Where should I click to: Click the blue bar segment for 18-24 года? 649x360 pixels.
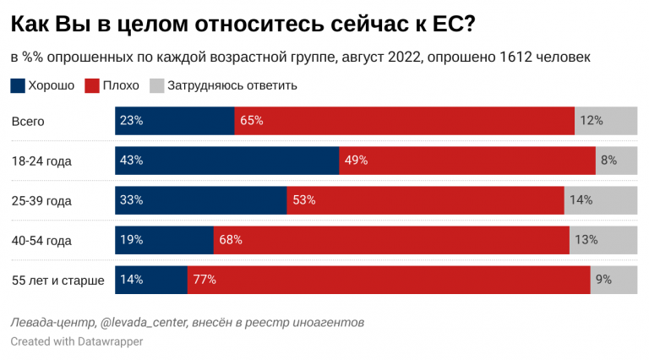point(226,160)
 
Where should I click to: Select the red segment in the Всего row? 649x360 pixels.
point(404,120)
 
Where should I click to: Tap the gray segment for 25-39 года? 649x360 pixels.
point(601,200)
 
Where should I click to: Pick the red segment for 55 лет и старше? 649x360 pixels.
point(388,280)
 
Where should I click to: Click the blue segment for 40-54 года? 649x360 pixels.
point(164,240)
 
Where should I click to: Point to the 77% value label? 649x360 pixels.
point(205,280)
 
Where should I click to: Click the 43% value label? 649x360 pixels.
point(132,160)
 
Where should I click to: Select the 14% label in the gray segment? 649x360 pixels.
point(581,200)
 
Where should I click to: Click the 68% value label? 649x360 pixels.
point(231,240)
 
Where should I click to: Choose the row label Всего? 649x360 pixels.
point(27,121)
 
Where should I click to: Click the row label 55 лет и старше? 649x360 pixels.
point(57,281)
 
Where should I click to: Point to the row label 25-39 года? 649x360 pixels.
point(41,201)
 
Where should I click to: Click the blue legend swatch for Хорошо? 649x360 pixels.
point(18,85)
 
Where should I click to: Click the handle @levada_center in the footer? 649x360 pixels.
point(143,323)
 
